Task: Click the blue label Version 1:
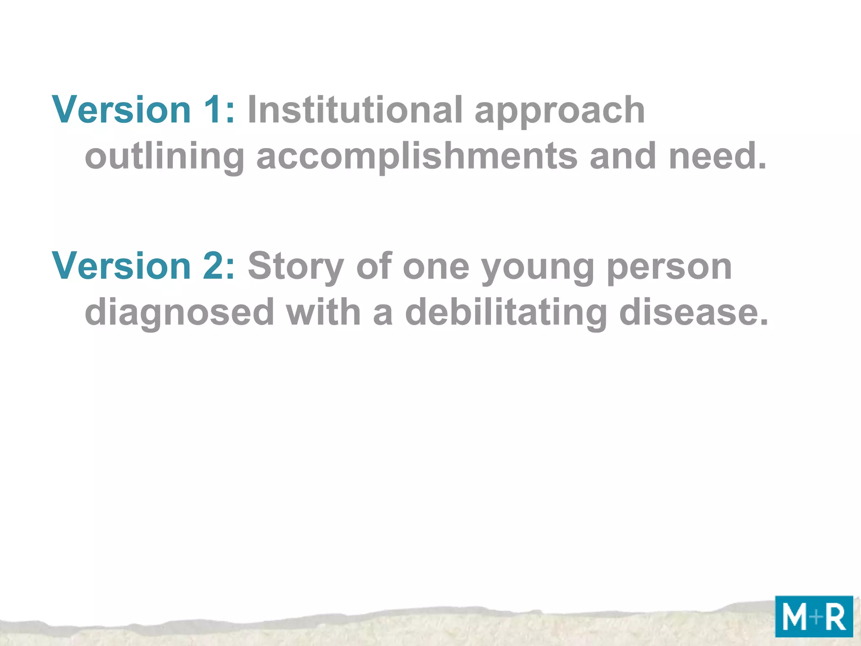coord(143,110)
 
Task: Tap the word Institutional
coord(355,110)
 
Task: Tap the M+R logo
coord(814,617)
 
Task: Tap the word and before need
coord(623,156)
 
